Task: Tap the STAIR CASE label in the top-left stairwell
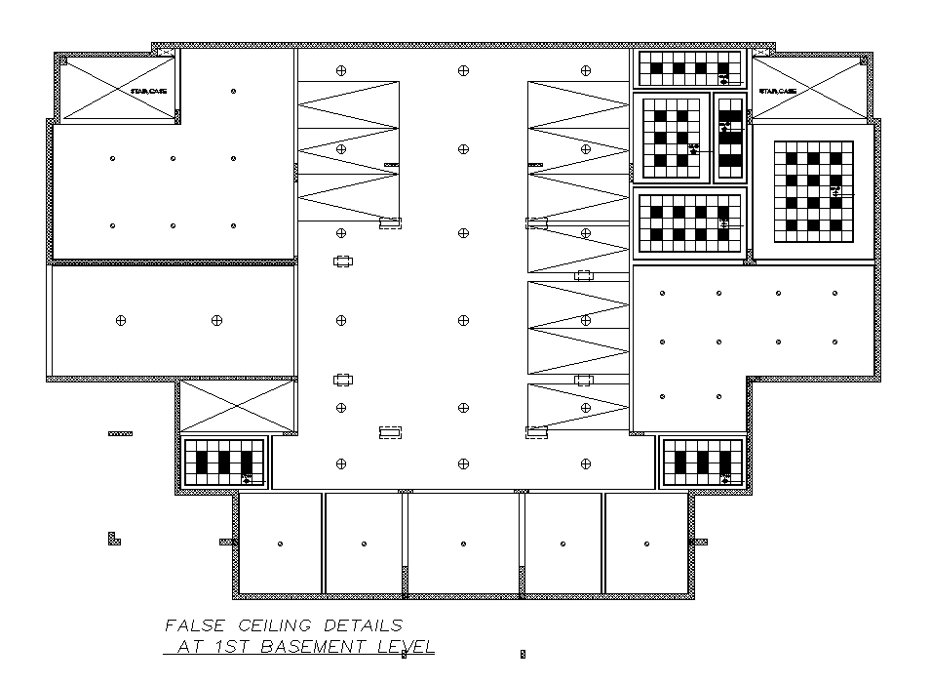tap(148, 91)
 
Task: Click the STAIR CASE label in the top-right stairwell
tap(778, 91)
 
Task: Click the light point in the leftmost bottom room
tap(280, 543)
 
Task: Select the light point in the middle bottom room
tap(463, 543)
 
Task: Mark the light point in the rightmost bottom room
tap(646, 543)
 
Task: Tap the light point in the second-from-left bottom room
tap(364, 543)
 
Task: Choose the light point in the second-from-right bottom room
tap(563, 543)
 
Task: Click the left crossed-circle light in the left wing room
tap(121, 320)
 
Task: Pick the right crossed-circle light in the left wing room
tap(215, 320)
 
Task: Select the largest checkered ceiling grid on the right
tap(813, 192)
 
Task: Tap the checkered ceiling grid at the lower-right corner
tap(702, 462)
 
